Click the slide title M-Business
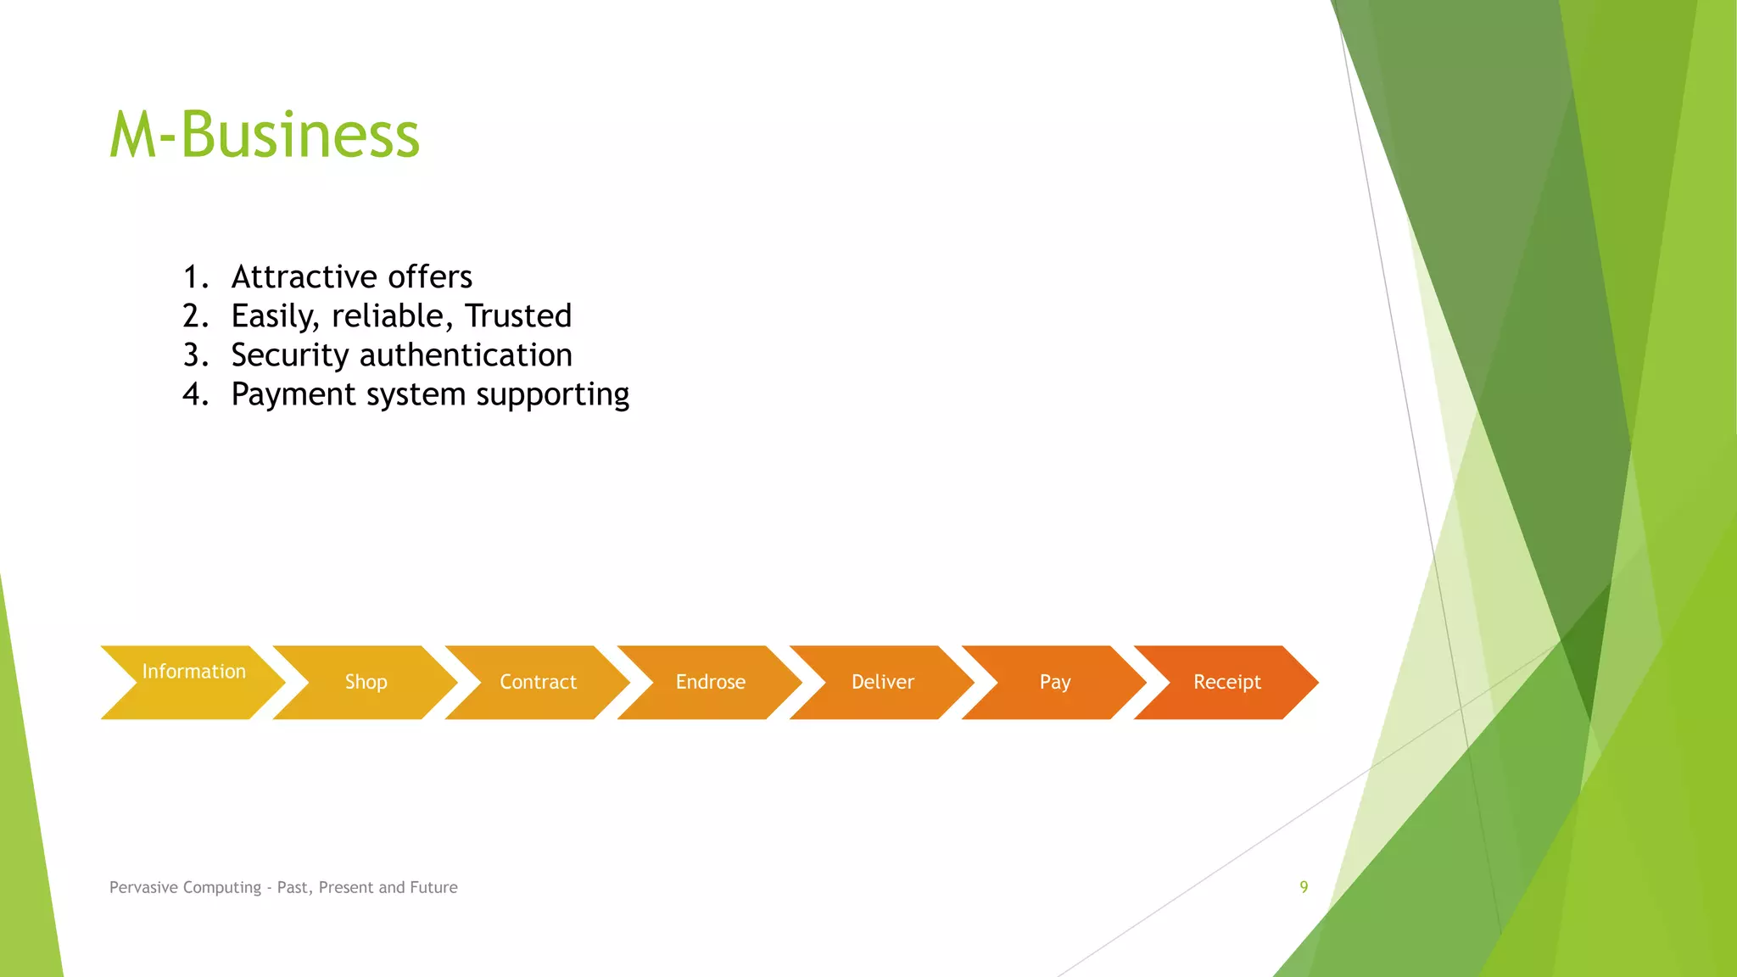click(265, 135)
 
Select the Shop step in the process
click(366, 682)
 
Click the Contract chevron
click(538, 682)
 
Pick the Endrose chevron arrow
click(710, 682)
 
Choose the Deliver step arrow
click(882, 682)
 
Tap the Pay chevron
click(1054, 682)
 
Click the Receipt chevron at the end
click(1226, 682)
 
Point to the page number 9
click(1304, 887)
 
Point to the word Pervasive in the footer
click(142, 887)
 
